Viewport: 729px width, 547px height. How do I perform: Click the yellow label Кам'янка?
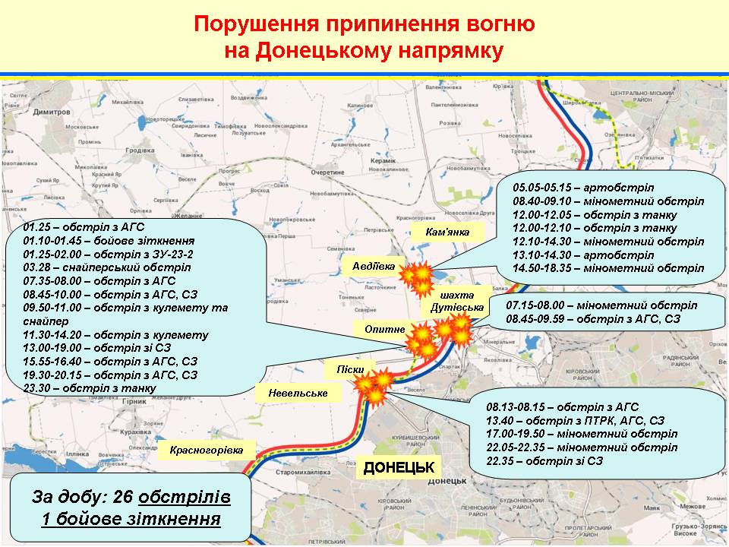coord(448,232)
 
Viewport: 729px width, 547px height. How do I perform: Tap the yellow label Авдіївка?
coord(374,266)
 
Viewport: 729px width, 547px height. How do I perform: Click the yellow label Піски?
coord(350,369)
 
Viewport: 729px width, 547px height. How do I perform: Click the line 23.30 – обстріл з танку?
coord(90,387)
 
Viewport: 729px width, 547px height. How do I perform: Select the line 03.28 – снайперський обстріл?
coord(106,267)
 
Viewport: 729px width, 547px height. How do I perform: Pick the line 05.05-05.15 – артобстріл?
coord(583,187)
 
